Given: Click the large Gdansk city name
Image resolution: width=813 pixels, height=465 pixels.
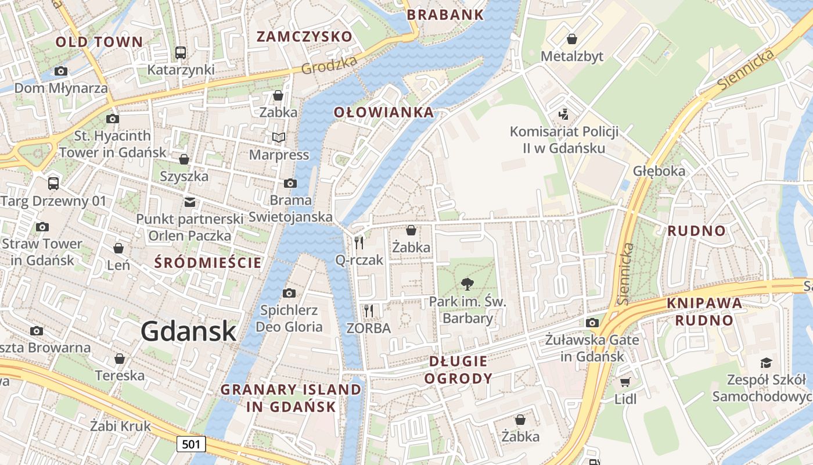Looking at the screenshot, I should click(x=189, y=331).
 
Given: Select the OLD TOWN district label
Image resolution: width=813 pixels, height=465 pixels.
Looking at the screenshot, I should click(x=99, y=42).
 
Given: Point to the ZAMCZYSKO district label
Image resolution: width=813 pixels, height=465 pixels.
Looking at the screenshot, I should click(x=304, y=37).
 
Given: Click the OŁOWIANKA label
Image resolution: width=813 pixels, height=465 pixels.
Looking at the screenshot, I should click(x=384, y=112).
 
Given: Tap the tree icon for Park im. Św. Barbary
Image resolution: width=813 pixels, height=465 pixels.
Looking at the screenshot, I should click(x=466, y=284).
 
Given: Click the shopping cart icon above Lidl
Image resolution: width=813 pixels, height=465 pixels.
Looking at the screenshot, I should click(x=625, y=382).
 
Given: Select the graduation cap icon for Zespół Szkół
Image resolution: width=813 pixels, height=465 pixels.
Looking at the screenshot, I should click(x=766, y=363).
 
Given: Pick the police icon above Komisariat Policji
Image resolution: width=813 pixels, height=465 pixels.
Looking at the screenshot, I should click(x=563, y=114).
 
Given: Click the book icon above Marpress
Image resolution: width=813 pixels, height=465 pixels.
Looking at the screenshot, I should click(x=279, y=137).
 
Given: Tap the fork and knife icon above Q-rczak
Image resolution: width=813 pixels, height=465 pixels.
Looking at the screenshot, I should click(x=359, y=242).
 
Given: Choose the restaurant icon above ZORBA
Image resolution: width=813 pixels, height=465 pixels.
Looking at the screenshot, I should click(x=368, y=310).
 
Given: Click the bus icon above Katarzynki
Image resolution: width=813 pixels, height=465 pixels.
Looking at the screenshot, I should click(x=181, y=52).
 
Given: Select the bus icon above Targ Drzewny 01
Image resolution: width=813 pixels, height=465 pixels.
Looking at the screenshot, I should click(x=53, y=184).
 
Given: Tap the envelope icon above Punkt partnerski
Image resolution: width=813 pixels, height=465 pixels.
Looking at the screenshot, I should click(x=189, y=202).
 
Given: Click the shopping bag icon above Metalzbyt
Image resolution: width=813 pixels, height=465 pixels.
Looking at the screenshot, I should click(x=572, y=39).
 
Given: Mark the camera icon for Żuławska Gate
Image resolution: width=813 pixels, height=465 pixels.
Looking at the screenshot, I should click(x=592, y=323).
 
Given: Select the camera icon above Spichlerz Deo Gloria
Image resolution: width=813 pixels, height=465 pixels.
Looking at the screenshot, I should click(x=289, y=293).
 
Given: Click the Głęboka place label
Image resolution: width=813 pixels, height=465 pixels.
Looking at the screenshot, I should click(x=659, y=171).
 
